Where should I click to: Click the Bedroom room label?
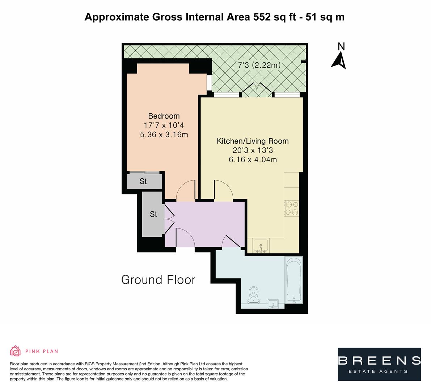click(x=164, y=116)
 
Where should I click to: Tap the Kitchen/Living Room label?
click(x=253, y=141)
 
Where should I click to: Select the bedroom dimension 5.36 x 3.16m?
click(x=164, y=135)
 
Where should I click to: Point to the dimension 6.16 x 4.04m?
click(x=253, y=160)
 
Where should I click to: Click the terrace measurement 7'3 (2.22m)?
click(x=259, y=66)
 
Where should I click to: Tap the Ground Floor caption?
click(x=158, y=280)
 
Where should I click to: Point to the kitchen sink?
click(x=261, y=245)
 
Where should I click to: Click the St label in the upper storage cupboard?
click(x=143, y=181)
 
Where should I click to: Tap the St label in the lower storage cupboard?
click(x=153, y=214)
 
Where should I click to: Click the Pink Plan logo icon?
click(x=15, y=351)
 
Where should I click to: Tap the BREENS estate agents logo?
click(x=379, y=364)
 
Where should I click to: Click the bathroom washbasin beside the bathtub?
click(x=273, y=304)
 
